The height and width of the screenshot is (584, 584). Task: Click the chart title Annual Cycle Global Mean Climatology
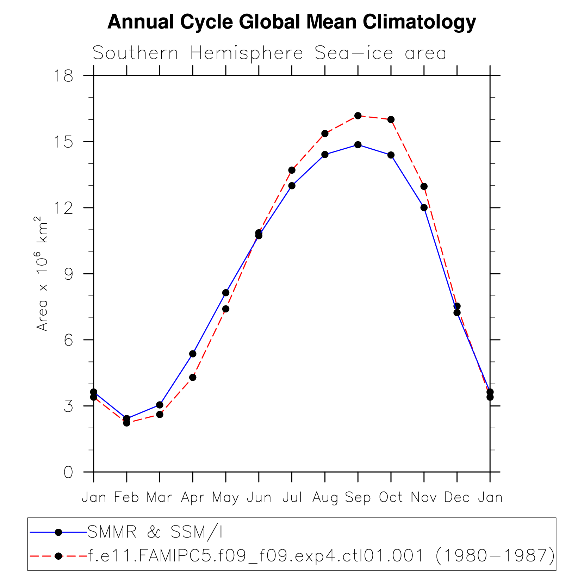tap(292, 22)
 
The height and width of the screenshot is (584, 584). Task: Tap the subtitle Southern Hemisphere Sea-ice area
tap(269, 53)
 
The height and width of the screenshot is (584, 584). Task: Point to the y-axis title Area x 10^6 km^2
tap(42, 274)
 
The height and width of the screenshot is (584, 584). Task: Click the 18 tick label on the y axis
tap(63, 76)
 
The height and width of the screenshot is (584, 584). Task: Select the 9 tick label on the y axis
tap(68, 274)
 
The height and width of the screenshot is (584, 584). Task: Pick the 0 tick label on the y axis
tap(68, 472)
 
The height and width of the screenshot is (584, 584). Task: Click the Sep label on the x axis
tap(358, 497)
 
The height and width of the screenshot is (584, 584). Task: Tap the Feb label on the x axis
tap(126, 497)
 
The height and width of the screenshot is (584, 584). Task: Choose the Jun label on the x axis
tap(259, 497)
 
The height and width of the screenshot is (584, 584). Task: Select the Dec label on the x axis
tap(457, 497)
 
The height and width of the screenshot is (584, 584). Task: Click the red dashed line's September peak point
tap(358, 116)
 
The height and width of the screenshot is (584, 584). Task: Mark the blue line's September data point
tap(358, 145)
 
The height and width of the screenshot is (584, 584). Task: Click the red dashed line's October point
tap(391, 120)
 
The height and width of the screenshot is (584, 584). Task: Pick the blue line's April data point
tap(193, 354)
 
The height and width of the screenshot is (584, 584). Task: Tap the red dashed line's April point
tap(193, 377)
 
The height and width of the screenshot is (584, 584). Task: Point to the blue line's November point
tap(424, 207)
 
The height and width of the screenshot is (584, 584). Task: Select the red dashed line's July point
tap(292, 170)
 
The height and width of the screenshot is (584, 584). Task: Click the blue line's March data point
tap(160, 405)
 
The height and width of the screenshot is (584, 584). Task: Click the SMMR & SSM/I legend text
tap(155, 532)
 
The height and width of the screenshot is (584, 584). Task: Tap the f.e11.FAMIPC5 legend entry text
tap(321, 556)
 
